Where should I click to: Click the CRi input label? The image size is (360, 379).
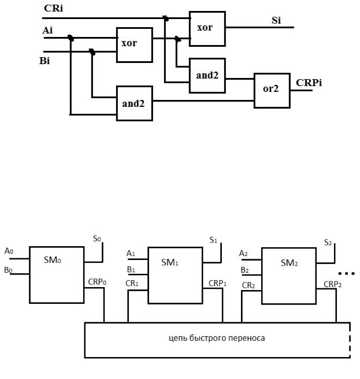[53, 8]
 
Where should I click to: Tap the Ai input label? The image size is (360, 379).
[47, 30]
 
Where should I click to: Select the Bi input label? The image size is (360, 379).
[44, 61]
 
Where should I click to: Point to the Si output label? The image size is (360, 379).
[276, 20]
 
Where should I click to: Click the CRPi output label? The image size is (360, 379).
[309, 83]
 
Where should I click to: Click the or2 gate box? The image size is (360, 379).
[272, 90]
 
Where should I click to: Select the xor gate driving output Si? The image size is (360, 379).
[207, 28]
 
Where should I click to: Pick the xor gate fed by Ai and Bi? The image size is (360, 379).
[135, 45]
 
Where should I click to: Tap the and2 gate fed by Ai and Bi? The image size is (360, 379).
[135, 103]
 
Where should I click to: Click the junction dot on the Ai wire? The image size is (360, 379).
[70, 38]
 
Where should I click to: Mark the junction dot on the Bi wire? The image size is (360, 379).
[92, 51]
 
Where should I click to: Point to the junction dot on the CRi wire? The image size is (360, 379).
[166, 18]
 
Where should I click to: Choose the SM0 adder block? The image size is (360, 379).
[57, 275]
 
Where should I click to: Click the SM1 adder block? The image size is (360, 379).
[175, 276]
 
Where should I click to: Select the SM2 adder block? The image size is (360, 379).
[289, 276]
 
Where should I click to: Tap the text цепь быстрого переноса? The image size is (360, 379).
[217, 337]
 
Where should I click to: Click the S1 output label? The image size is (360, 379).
[213, 240]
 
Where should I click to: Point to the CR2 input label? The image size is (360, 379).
[248, 285]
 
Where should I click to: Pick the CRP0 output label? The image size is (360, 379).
[97, 282]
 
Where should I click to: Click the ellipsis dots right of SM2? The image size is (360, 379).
[346, 274]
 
